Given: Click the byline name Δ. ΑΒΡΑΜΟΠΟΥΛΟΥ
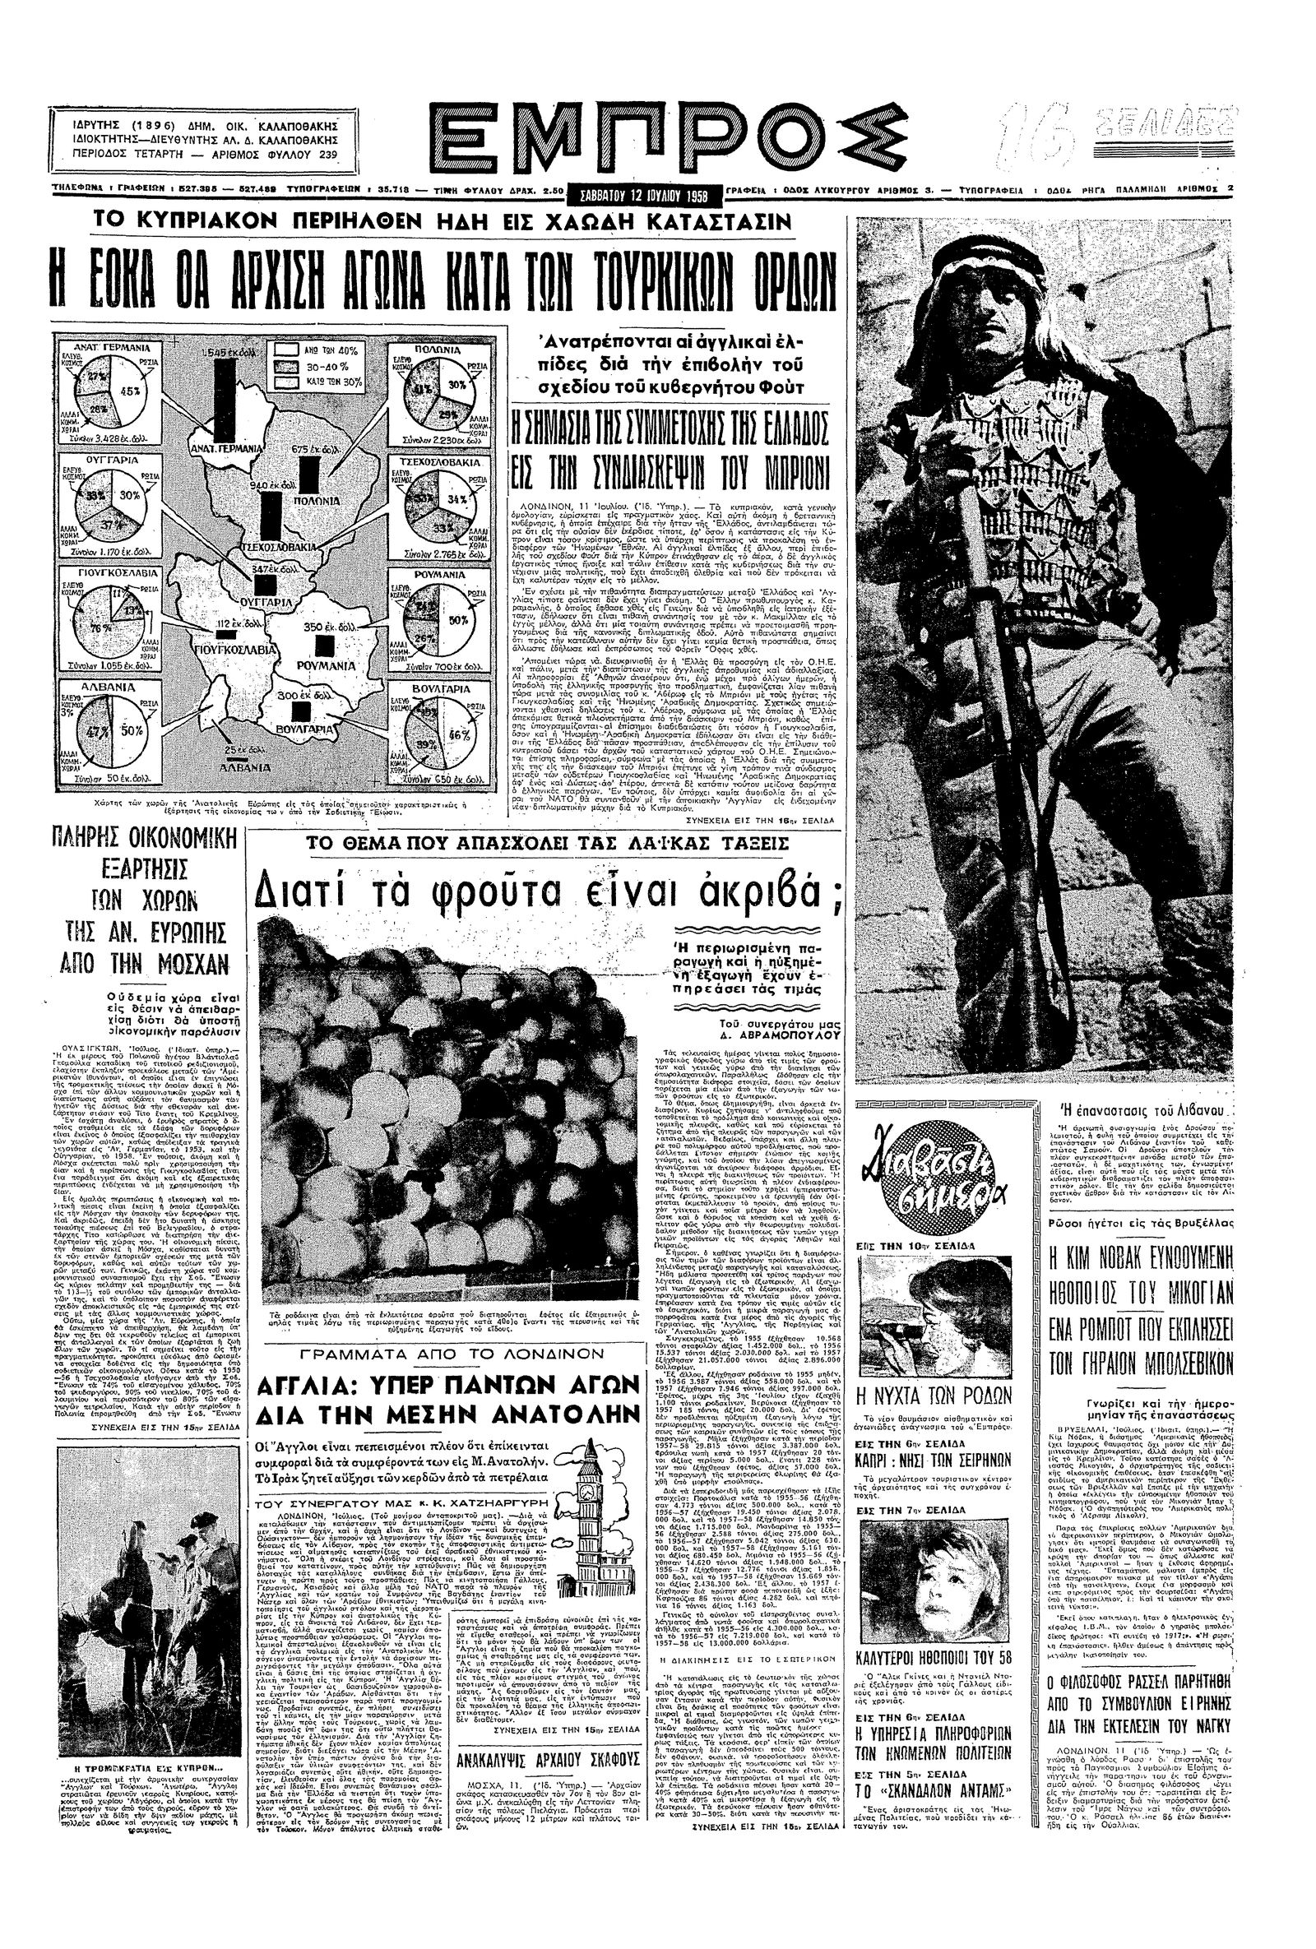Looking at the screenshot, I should (783, 1035).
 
